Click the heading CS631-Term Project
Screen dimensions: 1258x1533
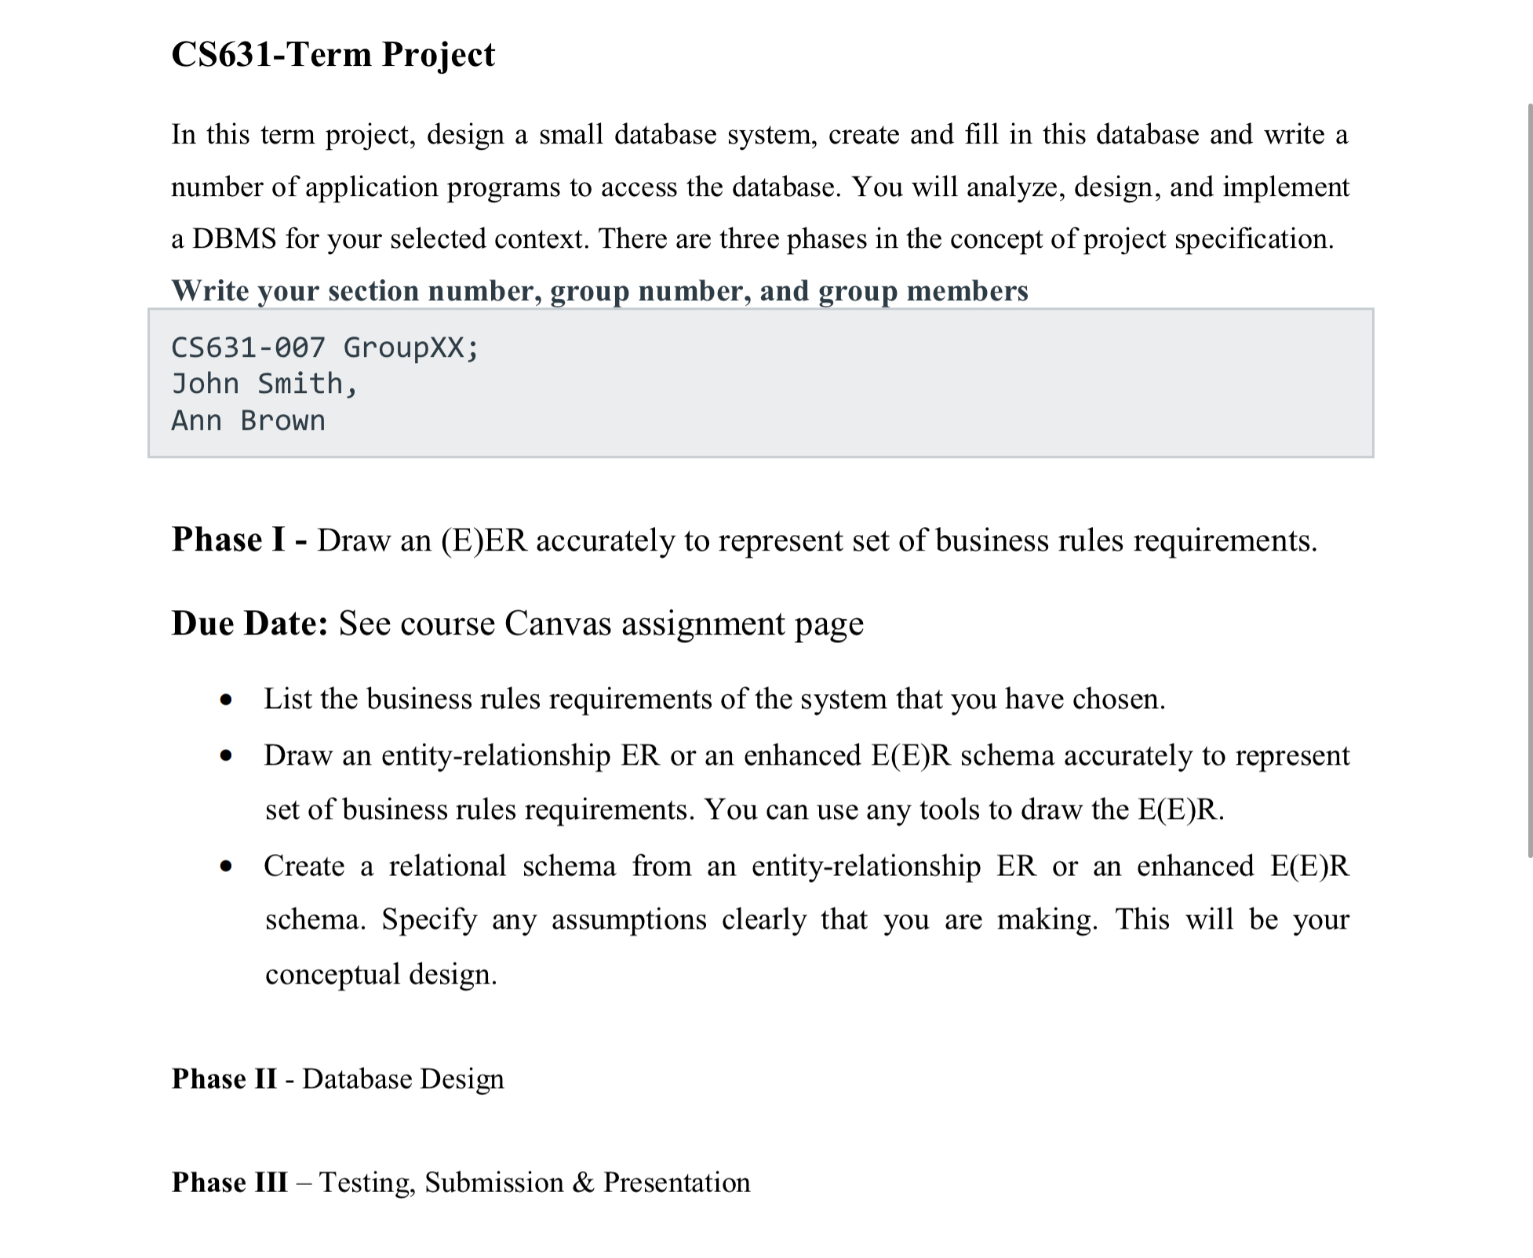tap(333, 55)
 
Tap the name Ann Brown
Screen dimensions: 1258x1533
tap(248, 420)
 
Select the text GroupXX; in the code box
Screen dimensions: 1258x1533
tap(410, 347)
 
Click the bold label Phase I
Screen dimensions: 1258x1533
tap(228, 540)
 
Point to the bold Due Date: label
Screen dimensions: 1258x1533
tap(249, 624)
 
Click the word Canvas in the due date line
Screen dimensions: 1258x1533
tap(558, 624)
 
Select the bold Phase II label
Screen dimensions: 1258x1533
tap(224, 1079)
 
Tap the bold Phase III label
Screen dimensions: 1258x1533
tap(230, 1183)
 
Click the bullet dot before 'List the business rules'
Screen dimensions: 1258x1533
tap(227, 700)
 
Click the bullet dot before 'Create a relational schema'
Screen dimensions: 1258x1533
tap(227, 867)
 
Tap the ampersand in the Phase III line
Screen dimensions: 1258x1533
tap(583, 1183)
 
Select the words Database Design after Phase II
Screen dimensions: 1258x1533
tap(402, 1079)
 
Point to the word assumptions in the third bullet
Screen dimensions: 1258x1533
tap(628, 919)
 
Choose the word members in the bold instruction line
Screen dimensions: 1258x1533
tap(966, 291)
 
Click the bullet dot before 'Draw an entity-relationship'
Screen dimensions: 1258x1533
tap(227, 756)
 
